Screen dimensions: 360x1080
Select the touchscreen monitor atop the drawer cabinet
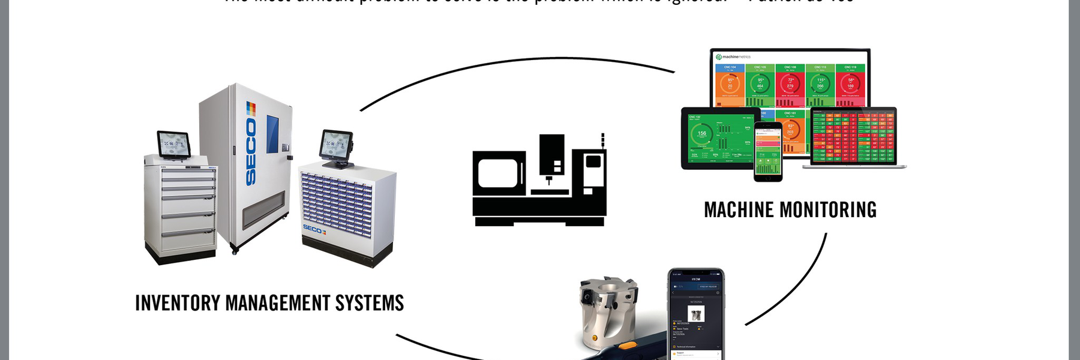pos(174,144)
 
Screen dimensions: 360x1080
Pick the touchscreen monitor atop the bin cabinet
pos(336,145)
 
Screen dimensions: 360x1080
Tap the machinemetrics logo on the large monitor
pos(733,57)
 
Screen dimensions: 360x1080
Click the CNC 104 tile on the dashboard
pos(730,84)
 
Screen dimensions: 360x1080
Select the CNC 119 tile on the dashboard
pos(850,84)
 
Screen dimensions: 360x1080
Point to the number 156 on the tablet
pos(701,133)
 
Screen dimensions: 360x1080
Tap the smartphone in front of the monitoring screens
pos(768,151)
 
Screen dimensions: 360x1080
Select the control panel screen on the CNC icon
pos(593,161)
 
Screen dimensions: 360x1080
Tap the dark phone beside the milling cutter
pos(696,315)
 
